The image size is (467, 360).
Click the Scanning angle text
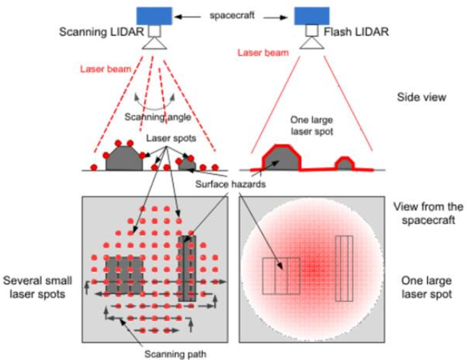coord(150,117)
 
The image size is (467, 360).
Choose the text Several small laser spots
coord(36,286)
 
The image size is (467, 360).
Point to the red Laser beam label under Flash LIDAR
coord(262,52)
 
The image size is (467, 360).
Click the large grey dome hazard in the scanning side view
coord(124,159)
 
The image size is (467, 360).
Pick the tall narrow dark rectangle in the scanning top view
coord(187,267)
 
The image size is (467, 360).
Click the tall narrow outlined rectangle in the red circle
coord(343,267)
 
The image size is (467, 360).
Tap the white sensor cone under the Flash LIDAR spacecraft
coord(312,43)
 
